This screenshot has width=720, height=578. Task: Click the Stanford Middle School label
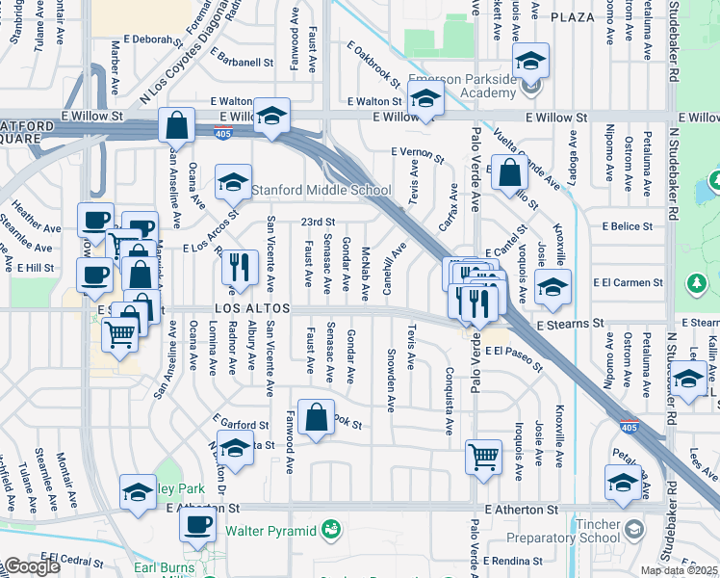point(321,190)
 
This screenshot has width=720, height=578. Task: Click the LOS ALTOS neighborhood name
point(239,309)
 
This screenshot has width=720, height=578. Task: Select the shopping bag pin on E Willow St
point(177,125)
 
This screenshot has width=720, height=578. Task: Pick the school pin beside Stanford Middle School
point(233,181)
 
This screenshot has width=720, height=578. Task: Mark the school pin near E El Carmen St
point(553,287)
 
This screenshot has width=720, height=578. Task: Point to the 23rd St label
point(317,222)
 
